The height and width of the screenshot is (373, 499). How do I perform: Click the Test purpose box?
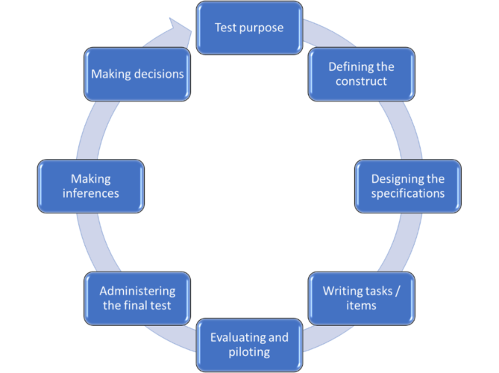tap(249, 28)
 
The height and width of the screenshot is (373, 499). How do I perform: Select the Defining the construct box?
tap(361, 74)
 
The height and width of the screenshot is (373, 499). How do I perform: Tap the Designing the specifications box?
tap(407, 186)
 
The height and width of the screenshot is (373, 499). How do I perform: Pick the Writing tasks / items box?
tap(361, 298)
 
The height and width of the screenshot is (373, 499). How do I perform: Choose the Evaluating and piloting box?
tap(249, 345)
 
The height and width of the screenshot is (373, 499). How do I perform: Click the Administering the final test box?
tap(138, 298)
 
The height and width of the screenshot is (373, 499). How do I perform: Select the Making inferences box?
tap(91, 186)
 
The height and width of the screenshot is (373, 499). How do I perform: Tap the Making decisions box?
tap(138, 74)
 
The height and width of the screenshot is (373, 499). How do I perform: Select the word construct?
tap(361, 81)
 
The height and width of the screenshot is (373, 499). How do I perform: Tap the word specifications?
tap(407, 193)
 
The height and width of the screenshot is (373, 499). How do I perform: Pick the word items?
tap(361, 305)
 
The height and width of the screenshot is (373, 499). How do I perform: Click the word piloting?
tap(249, 352)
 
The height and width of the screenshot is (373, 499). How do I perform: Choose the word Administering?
tap(138, 290)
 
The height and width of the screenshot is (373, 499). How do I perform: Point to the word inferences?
tap(91, 193)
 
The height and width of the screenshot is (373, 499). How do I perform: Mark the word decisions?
tap(157, 74)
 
